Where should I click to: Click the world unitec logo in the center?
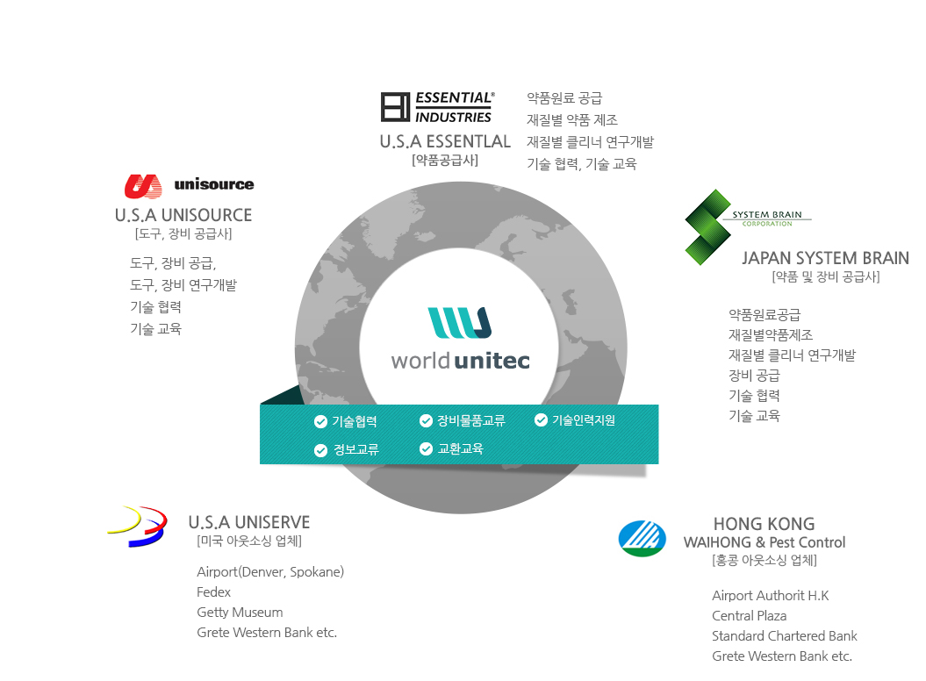[460, 339]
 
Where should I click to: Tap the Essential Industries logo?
[437, 107]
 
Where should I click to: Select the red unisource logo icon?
[143, 185]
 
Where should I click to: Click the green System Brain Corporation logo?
[707, 226]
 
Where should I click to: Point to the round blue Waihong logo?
[642, 539]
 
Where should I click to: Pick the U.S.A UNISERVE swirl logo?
[137, 526]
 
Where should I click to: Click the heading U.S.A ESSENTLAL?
[445, 141]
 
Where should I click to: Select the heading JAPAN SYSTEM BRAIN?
[825, 258]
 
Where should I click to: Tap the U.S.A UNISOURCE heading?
[183, 215]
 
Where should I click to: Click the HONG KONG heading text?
[764, 524]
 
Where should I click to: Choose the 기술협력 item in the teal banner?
[355, 421]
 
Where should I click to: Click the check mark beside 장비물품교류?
[427, 420]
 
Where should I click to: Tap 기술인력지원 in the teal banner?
[584, 420]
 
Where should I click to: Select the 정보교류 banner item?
[355, 450]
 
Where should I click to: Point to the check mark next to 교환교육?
[427, 449]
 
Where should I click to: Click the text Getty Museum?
[240, 613]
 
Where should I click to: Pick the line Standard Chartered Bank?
[784, 636]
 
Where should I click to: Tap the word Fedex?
[213, 592]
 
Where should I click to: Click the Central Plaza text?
[749, 616]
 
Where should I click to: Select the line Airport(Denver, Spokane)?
[270, 572]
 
